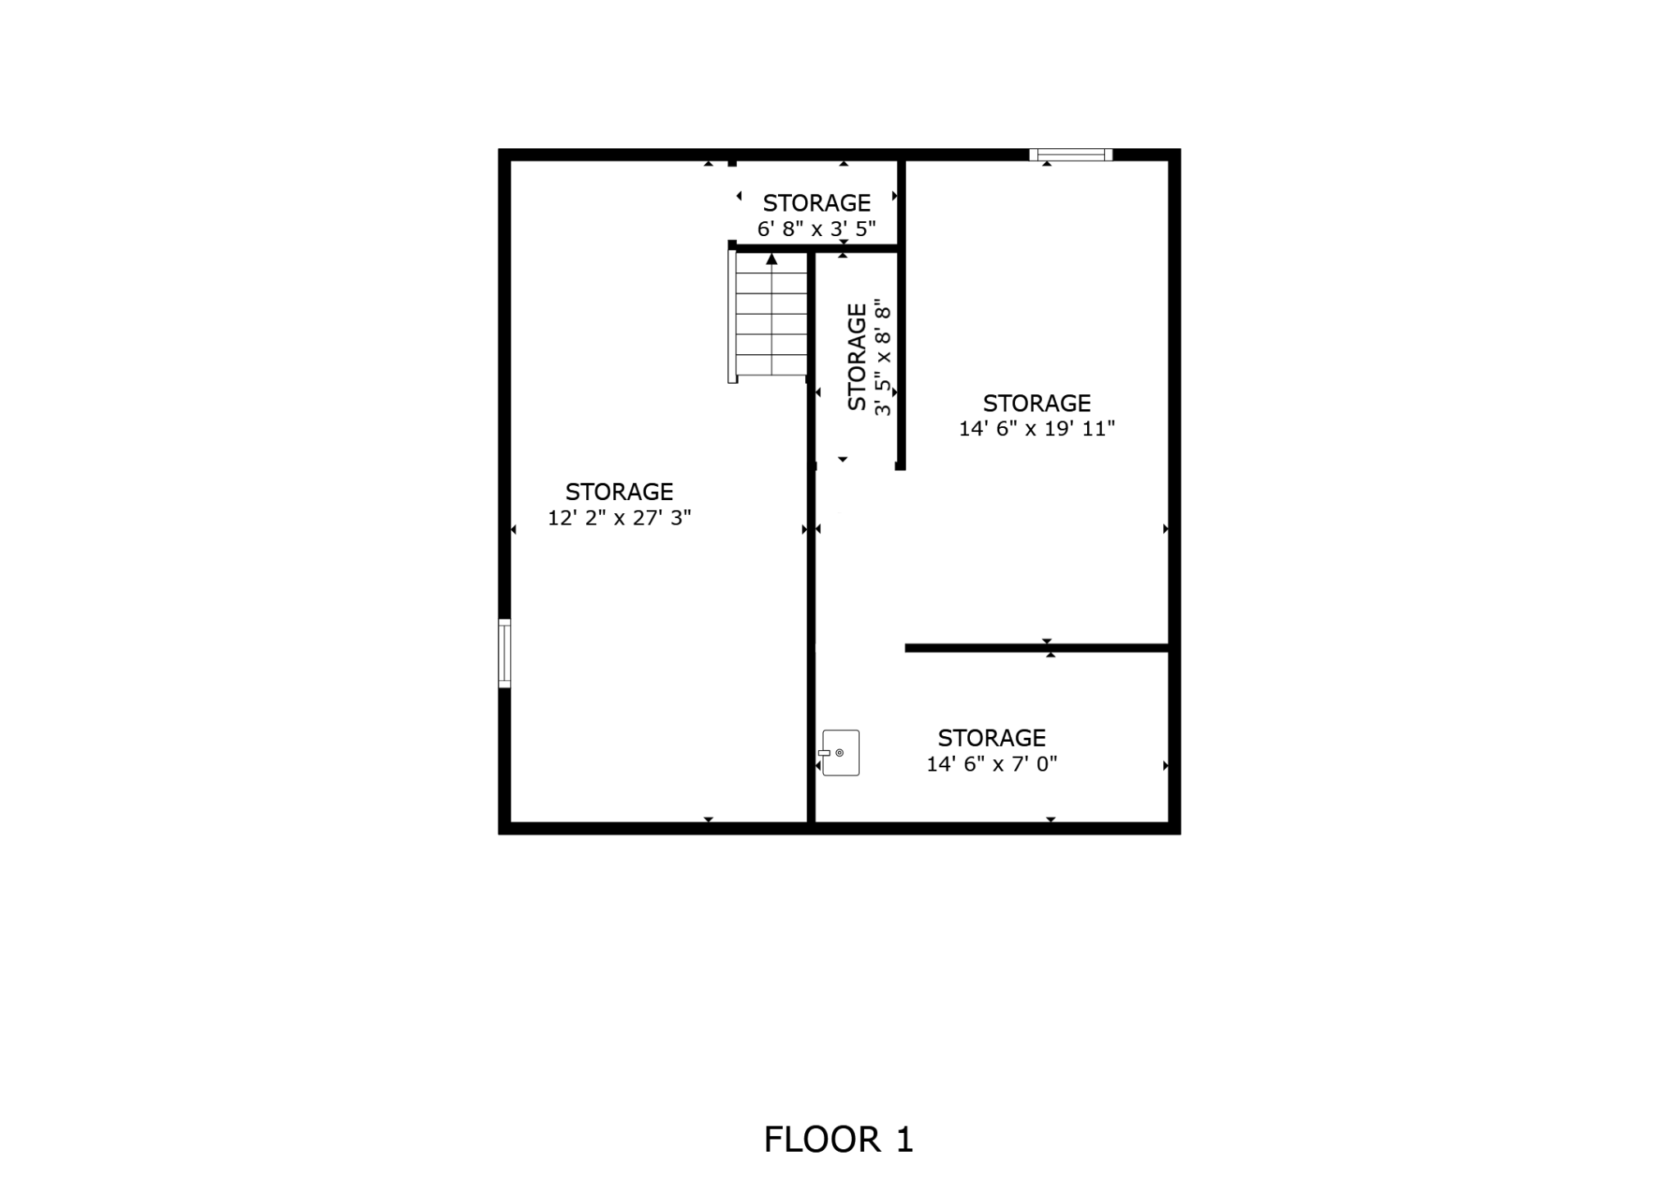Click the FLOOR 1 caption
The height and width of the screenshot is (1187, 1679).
click(839, 1139)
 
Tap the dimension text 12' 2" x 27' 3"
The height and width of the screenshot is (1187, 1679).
click(620, 517)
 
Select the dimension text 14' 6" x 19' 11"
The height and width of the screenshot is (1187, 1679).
click(1037, 429)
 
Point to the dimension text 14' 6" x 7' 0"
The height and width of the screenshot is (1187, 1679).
click(992, 764)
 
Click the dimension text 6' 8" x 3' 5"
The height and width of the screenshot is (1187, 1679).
click(817, 229)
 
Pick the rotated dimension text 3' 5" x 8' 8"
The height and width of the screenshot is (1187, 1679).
click(882, 359)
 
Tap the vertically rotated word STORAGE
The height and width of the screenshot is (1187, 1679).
click(857, 357)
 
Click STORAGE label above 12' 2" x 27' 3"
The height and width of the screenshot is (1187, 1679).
click(620, 492)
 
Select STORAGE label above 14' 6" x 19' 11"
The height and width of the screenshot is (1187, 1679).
click(1037, 403)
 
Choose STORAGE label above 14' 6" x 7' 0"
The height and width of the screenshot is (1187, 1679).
click(992, 738)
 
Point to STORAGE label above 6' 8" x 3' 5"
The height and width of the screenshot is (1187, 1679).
click(817, 202)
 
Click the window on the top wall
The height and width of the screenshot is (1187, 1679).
click(1071, 154)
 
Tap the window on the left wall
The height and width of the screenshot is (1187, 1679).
click(504, 653)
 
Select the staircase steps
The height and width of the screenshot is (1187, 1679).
click(771, 314)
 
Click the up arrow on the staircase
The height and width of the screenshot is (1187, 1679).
click(771, 259)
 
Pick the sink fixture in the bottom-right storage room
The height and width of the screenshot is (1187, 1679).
click(839, 753)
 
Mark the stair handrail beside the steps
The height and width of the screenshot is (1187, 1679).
click(732, 316)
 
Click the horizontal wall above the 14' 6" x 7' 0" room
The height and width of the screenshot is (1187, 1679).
click(1036, 648)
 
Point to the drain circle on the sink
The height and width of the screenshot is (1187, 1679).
click(839, 753)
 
